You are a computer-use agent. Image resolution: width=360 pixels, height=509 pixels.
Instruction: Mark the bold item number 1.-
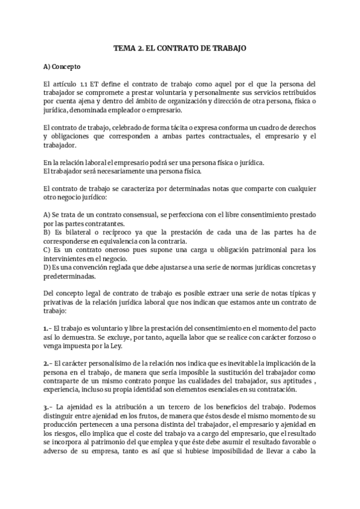pos(47,329)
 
